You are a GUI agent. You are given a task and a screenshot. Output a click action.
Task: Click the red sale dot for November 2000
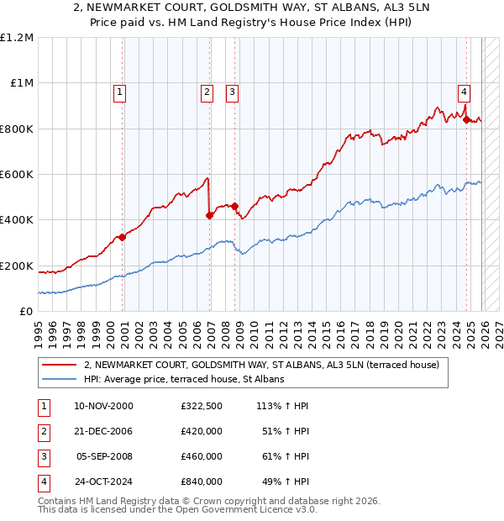click(x=123, y=237)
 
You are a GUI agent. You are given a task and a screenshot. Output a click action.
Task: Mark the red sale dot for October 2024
click(x=466, y=119)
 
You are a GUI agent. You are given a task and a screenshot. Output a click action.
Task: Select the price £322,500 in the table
click(x=202, y=406)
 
